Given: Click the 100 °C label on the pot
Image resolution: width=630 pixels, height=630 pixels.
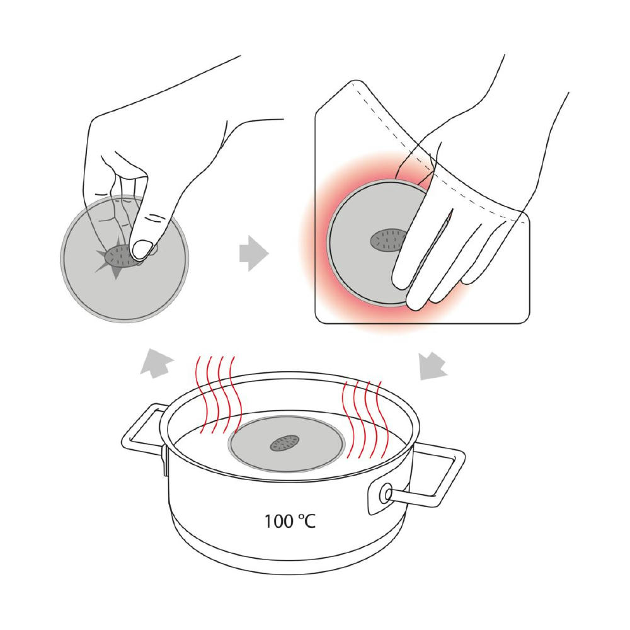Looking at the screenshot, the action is tap(290, 521).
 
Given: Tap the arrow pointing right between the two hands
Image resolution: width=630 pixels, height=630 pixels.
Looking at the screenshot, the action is tap(253, 253).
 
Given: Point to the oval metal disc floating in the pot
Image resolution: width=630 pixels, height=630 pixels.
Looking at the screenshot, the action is tap(285, 442).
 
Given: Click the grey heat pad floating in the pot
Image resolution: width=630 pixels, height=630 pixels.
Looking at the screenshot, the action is tap(287, 444).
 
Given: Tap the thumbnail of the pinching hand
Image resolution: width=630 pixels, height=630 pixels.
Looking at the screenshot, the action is tap(141, 249).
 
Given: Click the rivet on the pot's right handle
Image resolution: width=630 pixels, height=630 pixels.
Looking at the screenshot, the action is tap(386, 493).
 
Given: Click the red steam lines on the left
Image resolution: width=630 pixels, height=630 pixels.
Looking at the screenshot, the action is tap(217, 394).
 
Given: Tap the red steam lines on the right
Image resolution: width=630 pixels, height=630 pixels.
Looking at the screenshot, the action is tap(364, 420).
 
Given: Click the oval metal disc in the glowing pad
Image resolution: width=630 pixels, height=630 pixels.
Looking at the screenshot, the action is tap(387, 240).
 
